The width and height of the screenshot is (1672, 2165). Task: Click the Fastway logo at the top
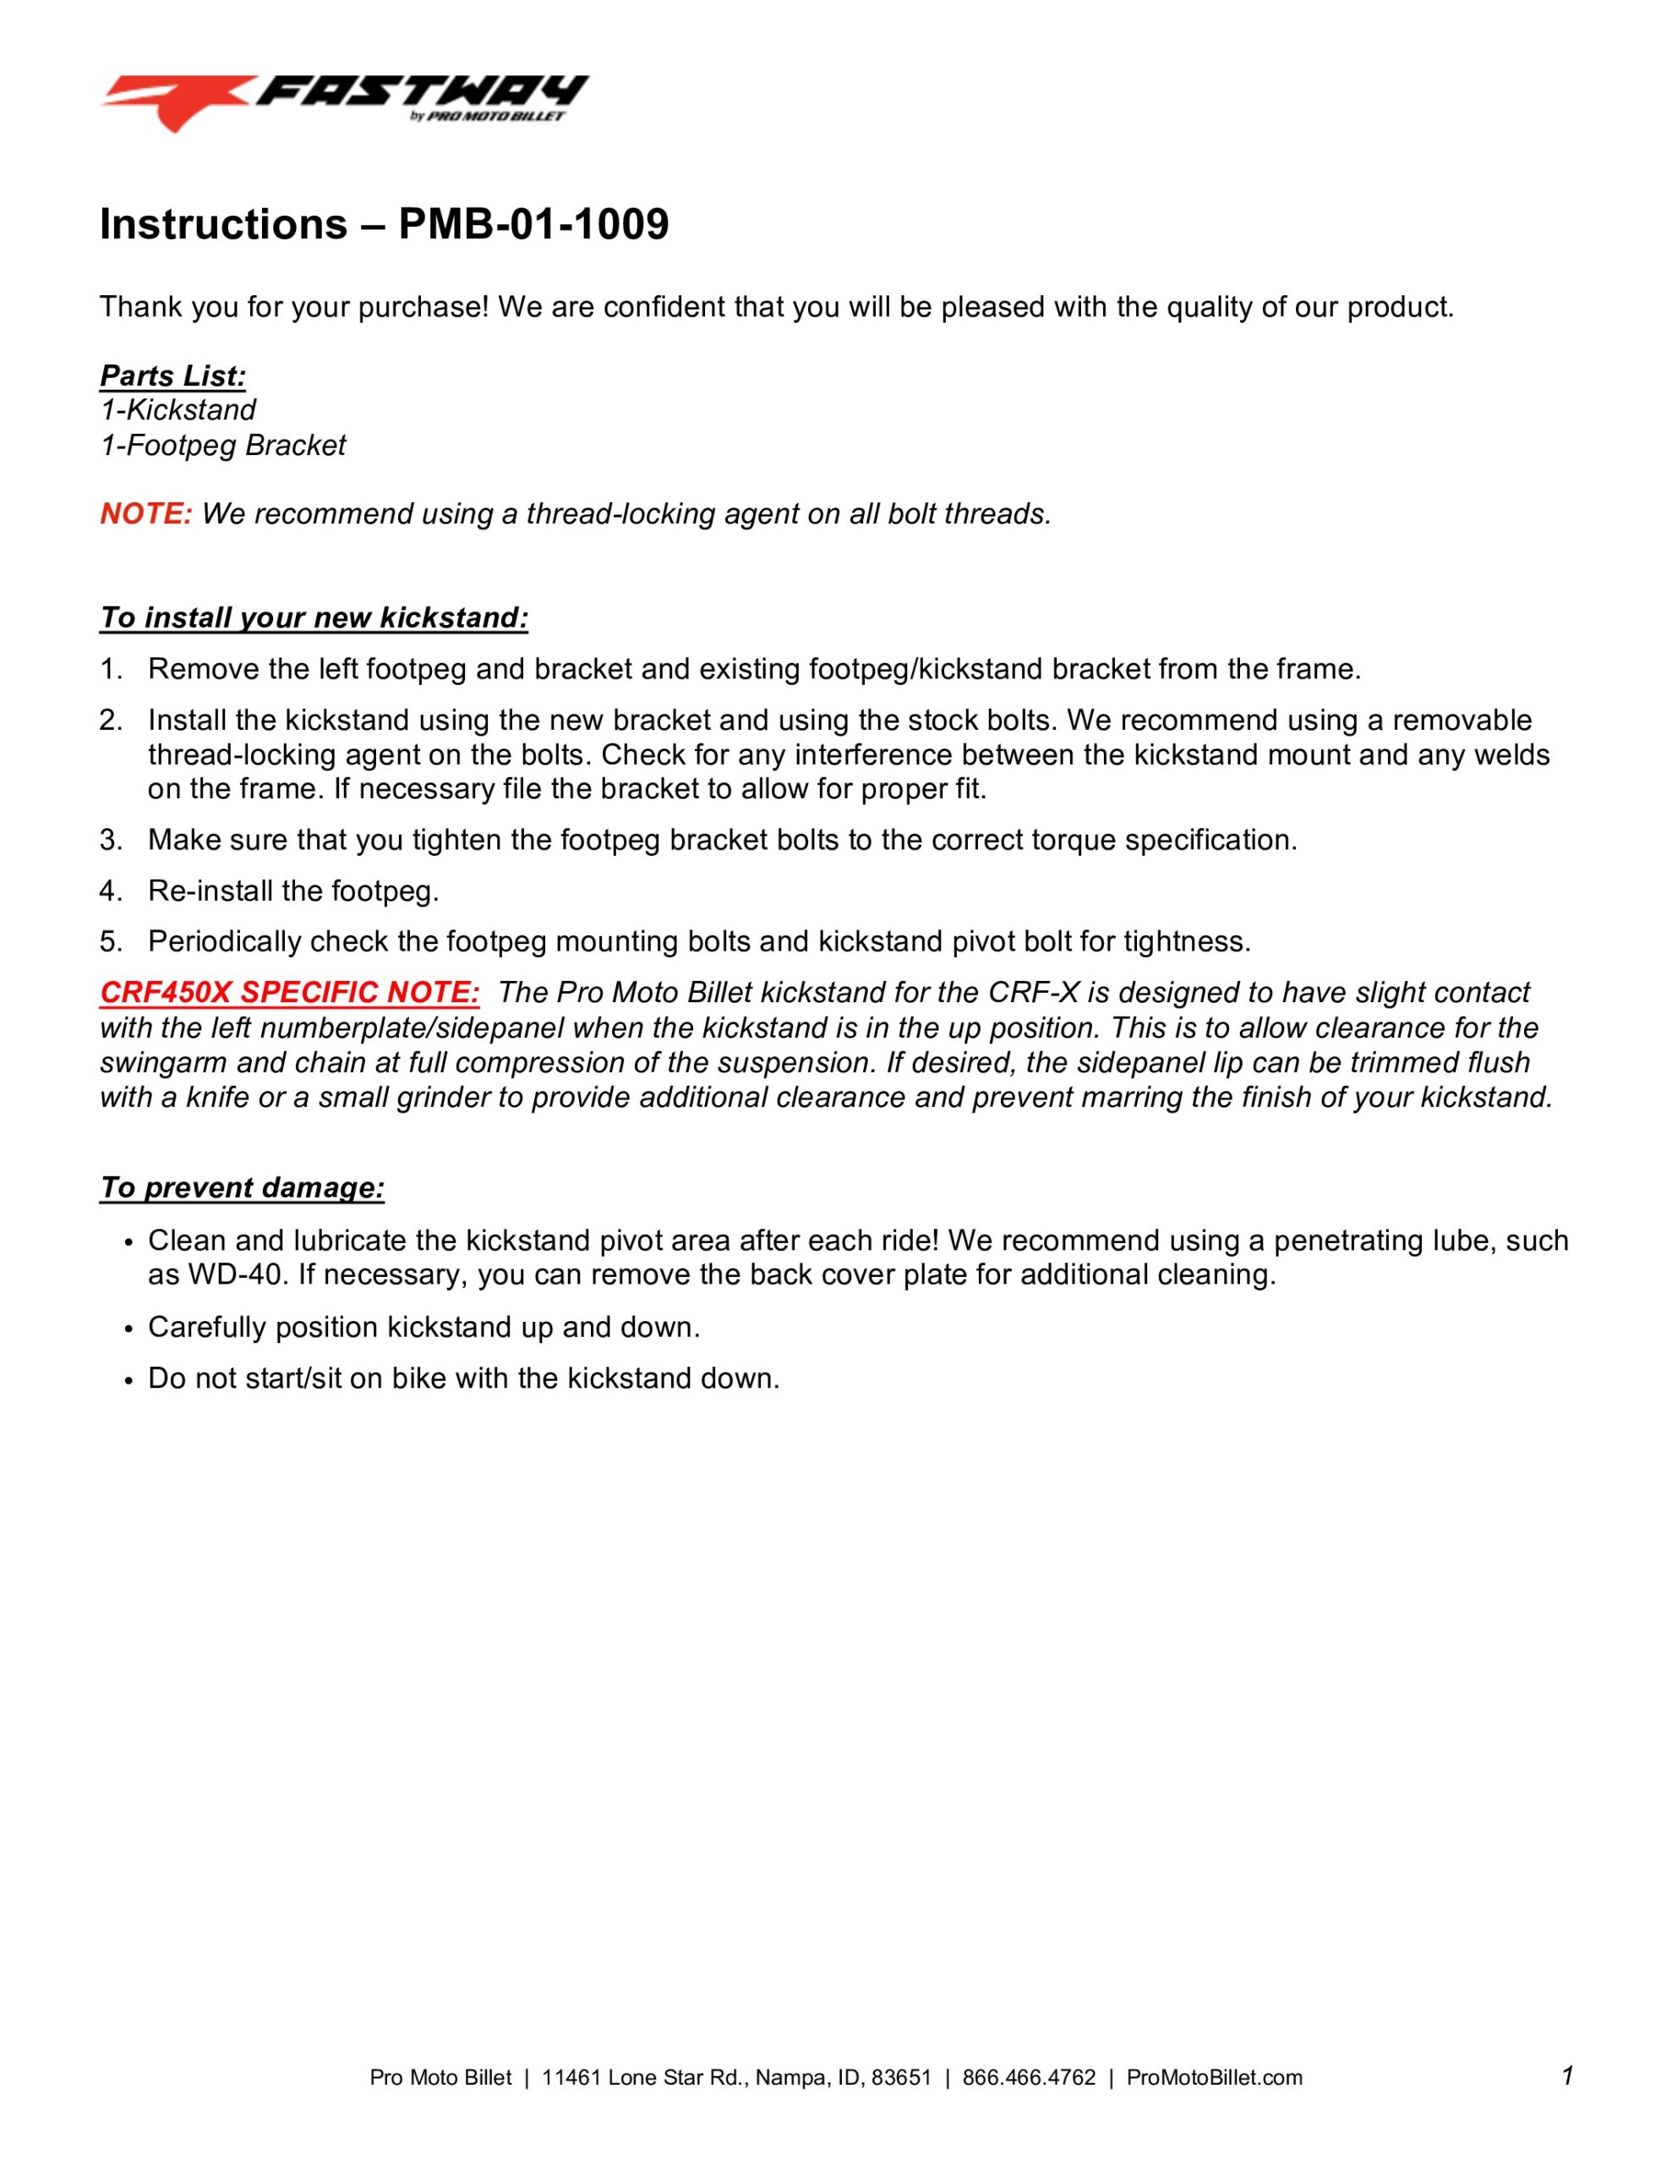[x=343, y=102]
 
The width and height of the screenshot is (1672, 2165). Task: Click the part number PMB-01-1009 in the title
[x=533, y=225]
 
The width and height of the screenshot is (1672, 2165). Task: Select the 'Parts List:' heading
[x=172, y=375]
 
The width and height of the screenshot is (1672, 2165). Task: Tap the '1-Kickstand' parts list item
[x=178, y=410]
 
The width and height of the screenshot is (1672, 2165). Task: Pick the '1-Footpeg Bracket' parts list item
[x=223, y=445]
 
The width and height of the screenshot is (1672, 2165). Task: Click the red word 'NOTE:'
[x=145, y=513]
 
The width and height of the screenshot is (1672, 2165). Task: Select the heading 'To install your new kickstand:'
[x=314, y=617]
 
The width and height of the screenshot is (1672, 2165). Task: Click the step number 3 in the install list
[x=109, y=840]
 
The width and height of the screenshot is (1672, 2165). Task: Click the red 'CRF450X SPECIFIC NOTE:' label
[x=289, y=992]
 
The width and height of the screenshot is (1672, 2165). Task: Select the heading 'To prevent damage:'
[x=242, y=1187]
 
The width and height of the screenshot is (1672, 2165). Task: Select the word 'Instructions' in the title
[x=223, y=225]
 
